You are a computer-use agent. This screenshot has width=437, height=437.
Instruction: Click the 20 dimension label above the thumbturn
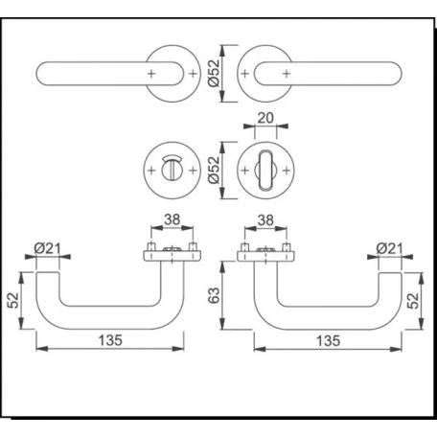(x=265, y=118)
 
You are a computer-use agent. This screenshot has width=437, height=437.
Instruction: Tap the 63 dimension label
(x=214, y=295)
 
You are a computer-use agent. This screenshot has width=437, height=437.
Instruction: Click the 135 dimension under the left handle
(x=110, y=340)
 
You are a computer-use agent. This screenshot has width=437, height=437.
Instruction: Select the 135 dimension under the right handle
(x=328, y=341)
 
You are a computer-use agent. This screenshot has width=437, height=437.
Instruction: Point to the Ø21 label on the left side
(x=47, y=248)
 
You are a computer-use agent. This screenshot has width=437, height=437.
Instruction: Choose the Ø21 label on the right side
(x=389, y=248)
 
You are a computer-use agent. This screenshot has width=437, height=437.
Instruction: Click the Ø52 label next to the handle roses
(x=214, y=73)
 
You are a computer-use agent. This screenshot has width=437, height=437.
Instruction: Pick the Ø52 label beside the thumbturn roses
(x=214, y=170)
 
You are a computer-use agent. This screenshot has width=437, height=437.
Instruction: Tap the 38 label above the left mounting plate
(x=172, y=219)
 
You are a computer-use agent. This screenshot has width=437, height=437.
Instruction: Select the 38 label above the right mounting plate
(x=265, y=220)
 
